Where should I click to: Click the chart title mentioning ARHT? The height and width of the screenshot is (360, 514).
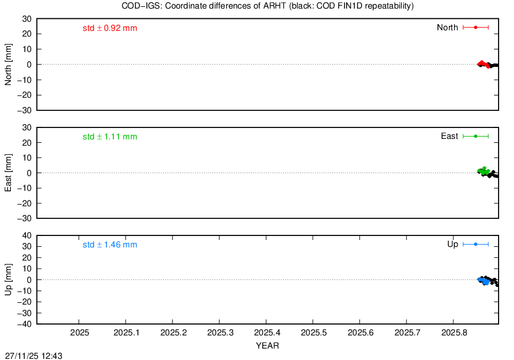(x=267, y=6)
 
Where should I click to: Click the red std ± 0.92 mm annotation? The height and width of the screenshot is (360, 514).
(x=110, y=28)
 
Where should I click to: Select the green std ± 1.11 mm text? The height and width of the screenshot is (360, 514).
(x=110, y=137)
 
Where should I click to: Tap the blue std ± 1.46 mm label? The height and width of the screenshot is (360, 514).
(x=110, y=245)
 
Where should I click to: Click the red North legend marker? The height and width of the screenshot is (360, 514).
(x=476, y=27)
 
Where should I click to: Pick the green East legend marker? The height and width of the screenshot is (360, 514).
(x=476, y=136)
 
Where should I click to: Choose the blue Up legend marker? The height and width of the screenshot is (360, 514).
(x=476, y=244)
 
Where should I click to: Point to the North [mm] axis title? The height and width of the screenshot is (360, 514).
(x=8, y=65)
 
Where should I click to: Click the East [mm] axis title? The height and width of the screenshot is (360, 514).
(x=8, y=173)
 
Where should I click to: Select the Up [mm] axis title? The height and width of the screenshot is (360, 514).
(x=8, y=279)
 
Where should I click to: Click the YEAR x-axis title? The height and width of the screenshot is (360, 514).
(x=267, y=346)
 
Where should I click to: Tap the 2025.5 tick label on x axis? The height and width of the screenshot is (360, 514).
(x=314, y=333)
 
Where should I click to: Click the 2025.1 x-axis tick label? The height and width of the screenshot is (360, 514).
(x=127, y=333)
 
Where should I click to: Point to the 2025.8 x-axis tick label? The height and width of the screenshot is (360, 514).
(x=455, y=333)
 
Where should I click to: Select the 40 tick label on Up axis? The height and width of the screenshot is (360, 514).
(x=27, y=236)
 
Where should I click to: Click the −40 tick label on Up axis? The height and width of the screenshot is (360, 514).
(x=25, y=324)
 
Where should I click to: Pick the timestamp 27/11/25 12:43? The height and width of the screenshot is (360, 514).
(x=34, y=356)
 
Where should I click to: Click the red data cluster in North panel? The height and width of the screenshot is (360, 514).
(x=484, y=64)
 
